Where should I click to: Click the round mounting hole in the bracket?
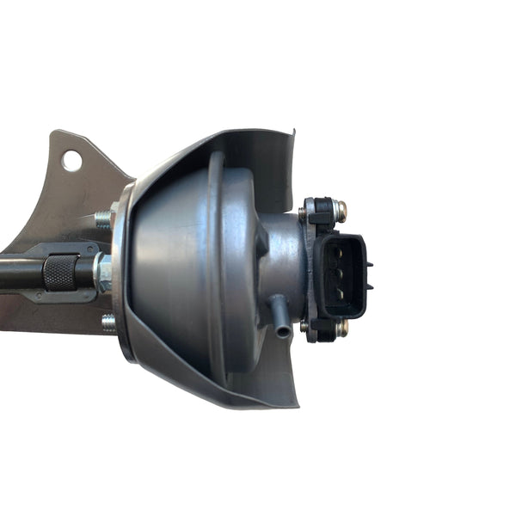(x=71, y=160)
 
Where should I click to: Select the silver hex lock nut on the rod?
(x=102, y=273)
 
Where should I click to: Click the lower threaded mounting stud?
(x=107, y=323)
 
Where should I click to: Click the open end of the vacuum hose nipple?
(x=283, y=331)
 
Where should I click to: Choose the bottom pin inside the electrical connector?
(x=339, y=291)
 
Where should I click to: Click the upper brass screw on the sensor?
(x=341, y=208)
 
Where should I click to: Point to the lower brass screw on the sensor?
(x=341, y=327)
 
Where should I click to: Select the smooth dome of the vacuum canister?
(x=172, y=267)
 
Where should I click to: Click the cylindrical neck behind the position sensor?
(x=279, y=258)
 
